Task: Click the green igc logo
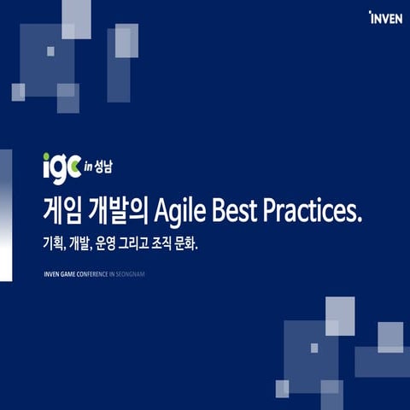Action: coord(61,164)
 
